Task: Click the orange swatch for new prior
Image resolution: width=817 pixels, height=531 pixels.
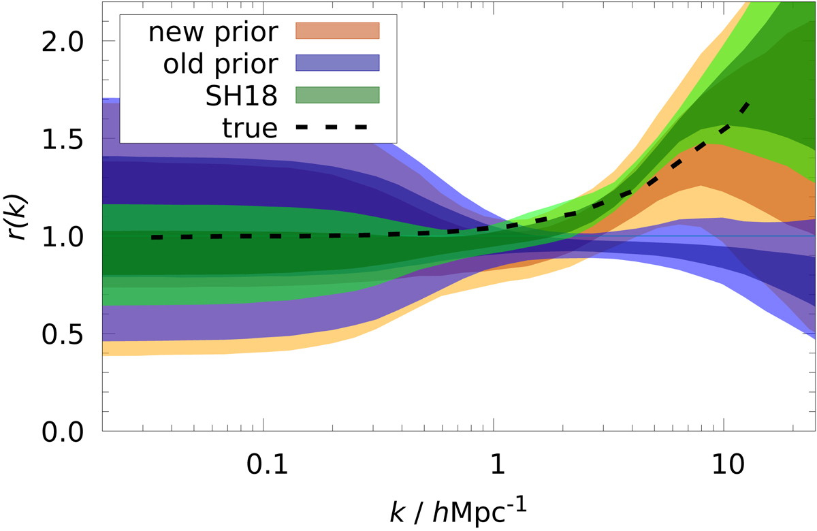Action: pos(336,31)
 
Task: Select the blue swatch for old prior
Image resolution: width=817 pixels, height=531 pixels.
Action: pos(336,63)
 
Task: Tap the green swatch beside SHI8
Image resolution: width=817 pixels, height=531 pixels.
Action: pos(336,94)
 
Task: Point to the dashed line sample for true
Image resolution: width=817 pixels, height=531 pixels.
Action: pos(336,126)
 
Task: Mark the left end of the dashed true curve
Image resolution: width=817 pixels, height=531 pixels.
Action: pos(153,237)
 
